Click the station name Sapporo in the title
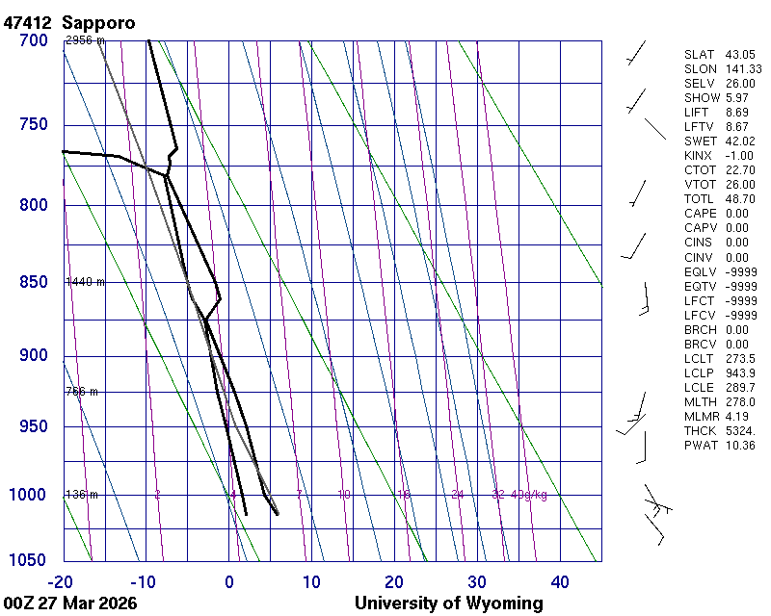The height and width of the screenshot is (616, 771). (98, 21)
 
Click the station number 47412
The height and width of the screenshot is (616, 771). (27, 21)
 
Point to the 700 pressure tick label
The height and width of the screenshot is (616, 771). (33, 40)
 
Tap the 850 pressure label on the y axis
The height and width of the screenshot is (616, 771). (33, 282)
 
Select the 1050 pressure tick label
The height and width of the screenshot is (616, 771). (29, 560)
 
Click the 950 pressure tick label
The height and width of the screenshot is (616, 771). (33, 426)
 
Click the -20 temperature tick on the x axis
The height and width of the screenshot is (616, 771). (63, 581)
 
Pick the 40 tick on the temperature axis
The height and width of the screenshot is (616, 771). (560, 581)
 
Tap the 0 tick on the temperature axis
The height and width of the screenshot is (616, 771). (229, 581)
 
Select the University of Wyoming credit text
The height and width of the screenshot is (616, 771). (448, 603)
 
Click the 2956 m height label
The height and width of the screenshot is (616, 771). (85, 40)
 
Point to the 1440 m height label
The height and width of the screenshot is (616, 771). (85, 282)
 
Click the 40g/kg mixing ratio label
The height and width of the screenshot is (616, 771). (529, 495)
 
